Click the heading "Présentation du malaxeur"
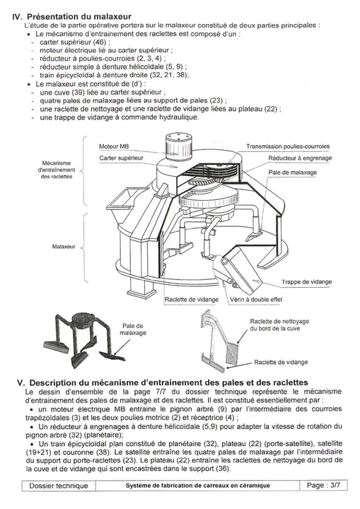click(79, 16)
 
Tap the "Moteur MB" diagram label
click(114, 146)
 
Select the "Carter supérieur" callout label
click(121, 158)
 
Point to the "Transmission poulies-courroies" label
click(288, 146)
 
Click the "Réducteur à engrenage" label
click(300, 158)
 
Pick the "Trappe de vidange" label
click(307, 282)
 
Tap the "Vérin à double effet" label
click(256, 299)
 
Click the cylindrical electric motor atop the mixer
click(176, 146)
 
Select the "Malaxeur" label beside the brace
click(64, 247)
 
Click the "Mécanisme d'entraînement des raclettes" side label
click(57, 170)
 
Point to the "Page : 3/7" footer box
click(324, 485)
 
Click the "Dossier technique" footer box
click(59, 486)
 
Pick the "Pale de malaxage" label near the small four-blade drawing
click(132, 329)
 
